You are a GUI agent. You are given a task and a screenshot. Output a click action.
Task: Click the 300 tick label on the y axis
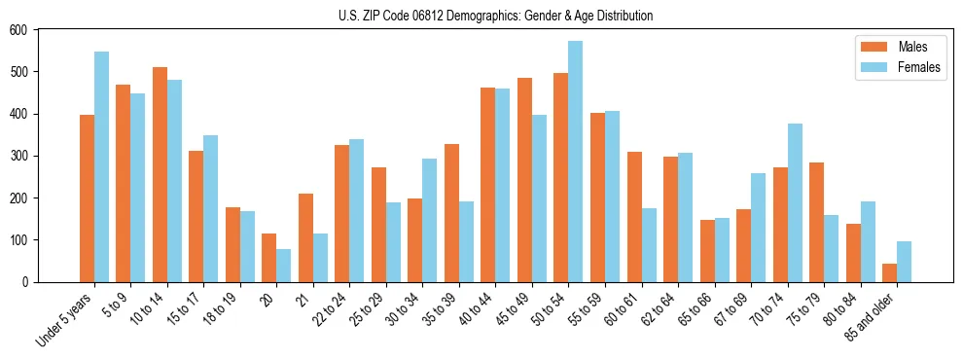click(18, 156)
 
